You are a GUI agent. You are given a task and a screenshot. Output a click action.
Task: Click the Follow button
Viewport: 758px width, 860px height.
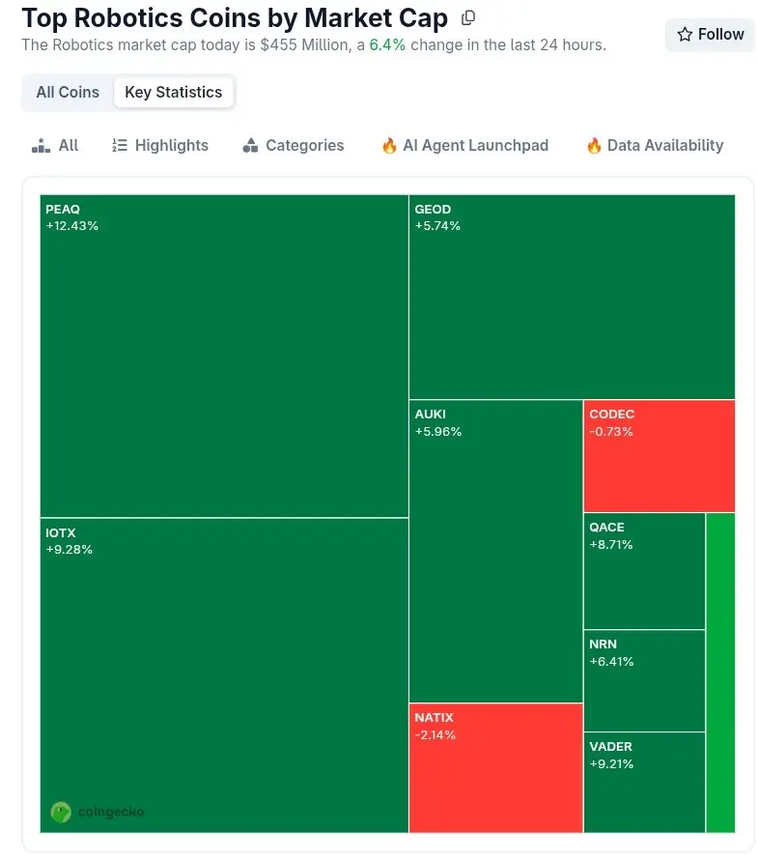coord(710,35)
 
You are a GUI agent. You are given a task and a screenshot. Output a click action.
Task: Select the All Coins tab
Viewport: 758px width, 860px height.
coord(68,93)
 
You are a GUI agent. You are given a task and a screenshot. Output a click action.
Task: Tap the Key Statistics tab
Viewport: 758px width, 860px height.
coord(174,93)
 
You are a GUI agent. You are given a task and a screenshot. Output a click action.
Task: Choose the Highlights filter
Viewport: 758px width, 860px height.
coord(160,146)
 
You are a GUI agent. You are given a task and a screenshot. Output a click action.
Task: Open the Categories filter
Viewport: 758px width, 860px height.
coord(293,146)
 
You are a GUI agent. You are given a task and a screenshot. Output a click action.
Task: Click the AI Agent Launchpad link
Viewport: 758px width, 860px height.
coord(464,146)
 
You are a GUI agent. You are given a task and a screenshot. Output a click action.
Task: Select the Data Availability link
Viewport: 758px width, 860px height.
coord(654,146)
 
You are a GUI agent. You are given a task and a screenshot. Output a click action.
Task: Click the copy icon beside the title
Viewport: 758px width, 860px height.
coord(468,18)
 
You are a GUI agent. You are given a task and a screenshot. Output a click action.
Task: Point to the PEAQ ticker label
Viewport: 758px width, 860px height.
coord(63,210)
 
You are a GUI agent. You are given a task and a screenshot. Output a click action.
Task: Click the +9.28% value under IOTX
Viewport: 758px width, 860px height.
coord(70,550)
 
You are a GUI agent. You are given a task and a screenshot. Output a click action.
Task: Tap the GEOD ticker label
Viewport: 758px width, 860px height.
coord(433,210)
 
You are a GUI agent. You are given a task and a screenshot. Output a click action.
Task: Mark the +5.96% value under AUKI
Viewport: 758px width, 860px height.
coord(438,432)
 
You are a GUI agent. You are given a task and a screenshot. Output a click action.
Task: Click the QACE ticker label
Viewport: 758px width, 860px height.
coord(606,528)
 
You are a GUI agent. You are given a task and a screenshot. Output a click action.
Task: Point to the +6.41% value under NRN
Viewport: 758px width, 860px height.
coord(611,662)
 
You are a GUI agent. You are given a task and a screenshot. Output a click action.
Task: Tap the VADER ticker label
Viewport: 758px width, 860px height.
coord(610,747)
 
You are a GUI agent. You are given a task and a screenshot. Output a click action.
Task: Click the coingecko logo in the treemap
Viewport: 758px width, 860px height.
coord(98,812)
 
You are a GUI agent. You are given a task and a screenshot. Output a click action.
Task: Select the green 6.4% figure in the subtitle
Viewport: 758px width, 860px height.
coord(387,45)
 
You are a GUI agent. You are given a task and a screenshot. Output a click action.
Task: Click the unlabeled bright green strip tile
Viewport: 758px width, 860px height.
coord(720,672)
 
